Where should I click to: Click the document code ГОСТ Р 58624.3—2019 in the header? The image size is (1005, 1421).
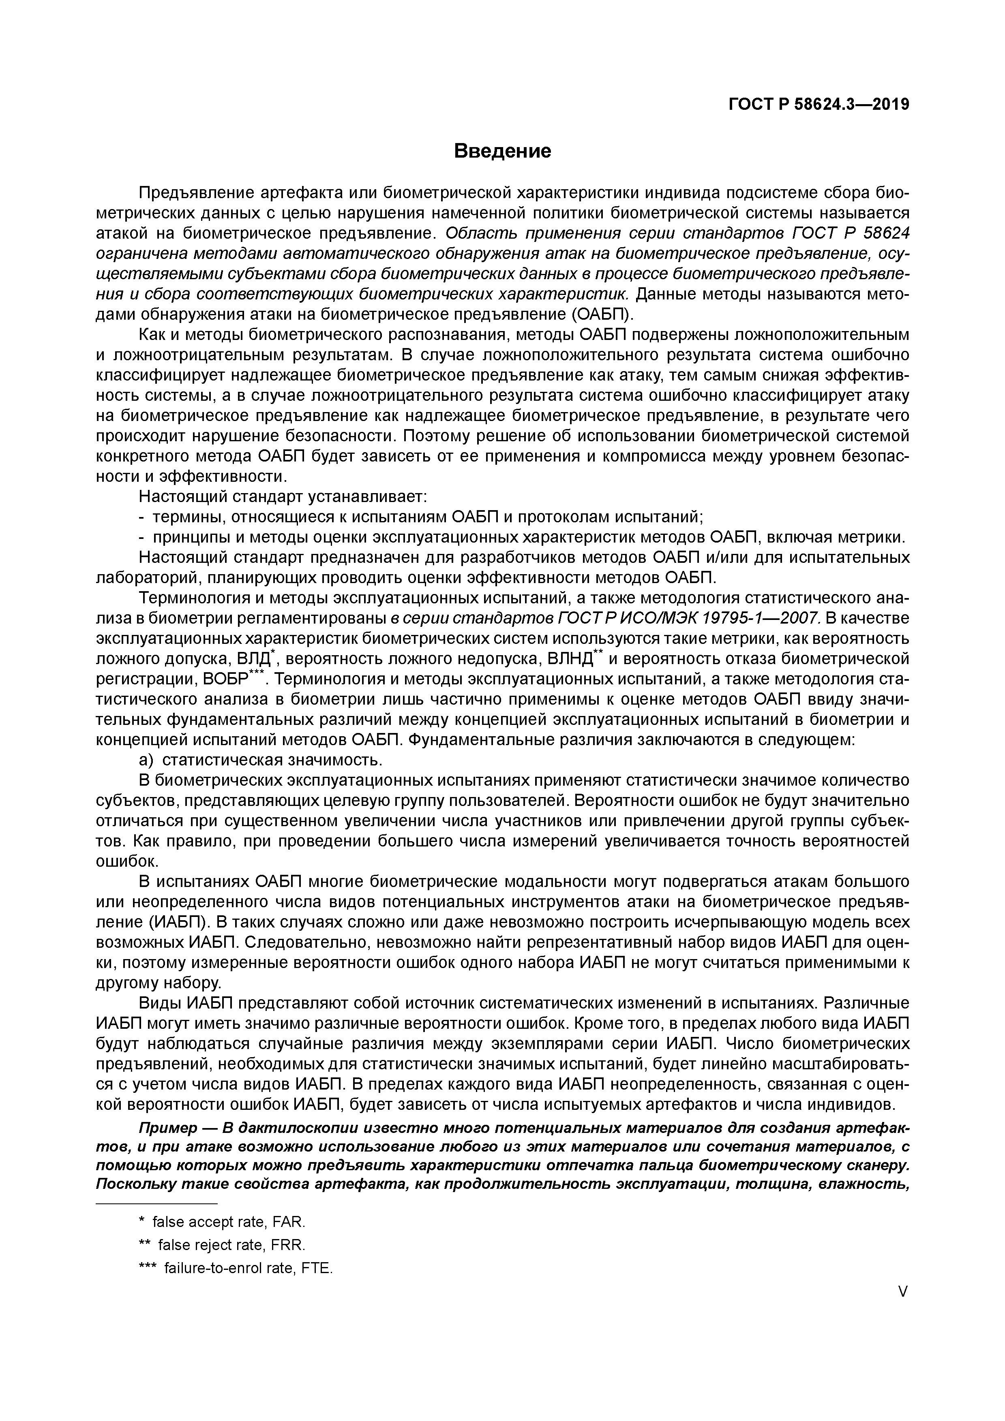pos(819,105)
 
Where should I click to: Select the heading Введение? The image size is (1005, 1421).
pos(502,151)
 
